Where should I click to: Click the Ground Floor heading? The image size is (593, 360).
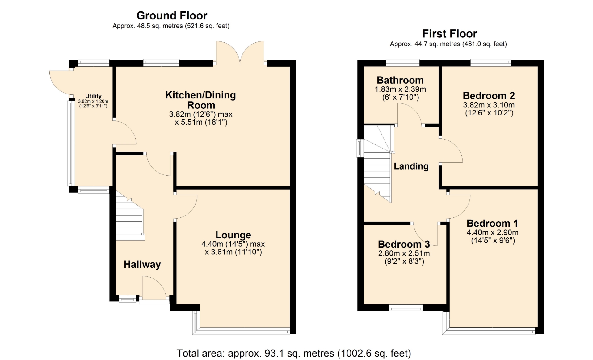[x=172, y=15]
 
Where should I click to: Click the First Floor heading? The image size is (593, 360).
[x=449, y=33]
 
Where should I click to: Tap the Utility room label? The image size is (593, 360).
[x=93, y=96]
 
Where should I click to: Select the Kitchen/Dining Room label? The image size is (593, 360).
[x=201, y=100]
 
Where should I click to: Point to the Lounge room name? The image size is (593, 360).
[x=233, y=235]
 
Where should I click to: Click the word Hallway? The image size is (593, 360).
[x=142, y=265]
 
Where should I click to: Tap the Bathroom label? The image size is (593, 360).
[x=400, y=80]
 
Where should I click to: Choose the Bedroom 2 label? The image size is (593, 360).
[x=489, y=96]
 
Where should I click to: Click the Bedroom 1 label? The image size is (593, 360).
[x=492, y=223]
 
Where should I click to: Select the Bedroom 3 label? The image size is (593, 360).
[x=404, y=244]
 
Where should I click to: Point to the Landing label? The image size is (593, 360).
[x=411, y=166]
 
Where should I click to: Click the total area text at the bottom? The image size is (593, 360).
[x=294, y=353]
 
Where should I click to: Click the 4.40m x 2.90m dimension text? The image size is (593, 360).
[x=492, y=232]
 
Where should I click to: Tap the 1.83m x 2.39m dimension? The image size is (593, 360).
[x=400, y=90]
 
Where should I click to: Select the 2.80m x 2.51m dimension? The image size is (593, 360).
[x=404, y=253]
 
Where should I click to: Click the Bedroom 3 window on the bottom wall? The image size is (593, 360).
[x=406, y=308]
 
